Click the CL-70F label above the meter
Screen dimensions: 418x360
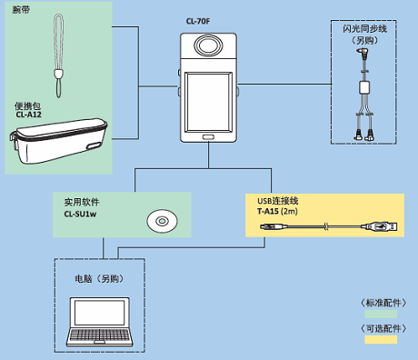click(198, 21)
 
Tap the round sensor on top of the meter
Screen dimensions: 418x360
click(208, 45)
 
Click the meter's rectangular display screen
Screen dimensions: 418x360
click(208, 102)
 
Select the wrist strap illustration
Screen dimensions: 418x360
click(58, 55)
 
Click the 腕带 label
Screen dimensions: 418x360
click(21, 10)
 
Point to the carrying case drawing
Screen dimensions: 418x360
click(58, 141)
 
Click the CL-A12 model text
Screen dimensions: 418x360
click(28, 115)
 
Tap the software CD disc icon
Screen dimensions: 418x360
click(162, 221)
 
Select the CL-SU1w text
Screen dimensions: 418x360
click(80, 214)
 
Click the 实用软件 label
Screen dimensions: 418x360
click(82, 202)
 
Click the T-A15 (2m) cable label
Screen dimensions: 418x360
click(277, 211)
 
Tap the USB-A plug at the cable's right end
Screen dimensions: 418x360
click(379, 226)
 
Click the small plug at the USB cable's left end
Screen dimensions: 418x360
click(274, 226)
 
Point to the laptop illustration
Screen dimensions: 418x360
click(100, 322)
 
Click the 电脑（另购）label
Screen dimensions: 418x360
click(100, 279)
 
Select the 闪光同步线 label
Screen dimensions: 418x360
click(364, 29)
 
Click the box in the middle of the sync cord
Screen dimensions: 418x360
click(364, 87)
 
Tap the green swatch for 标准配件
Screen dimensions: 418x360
click(381, 314)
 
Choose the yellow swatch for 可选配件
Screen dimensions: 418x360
click(381, 339)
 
